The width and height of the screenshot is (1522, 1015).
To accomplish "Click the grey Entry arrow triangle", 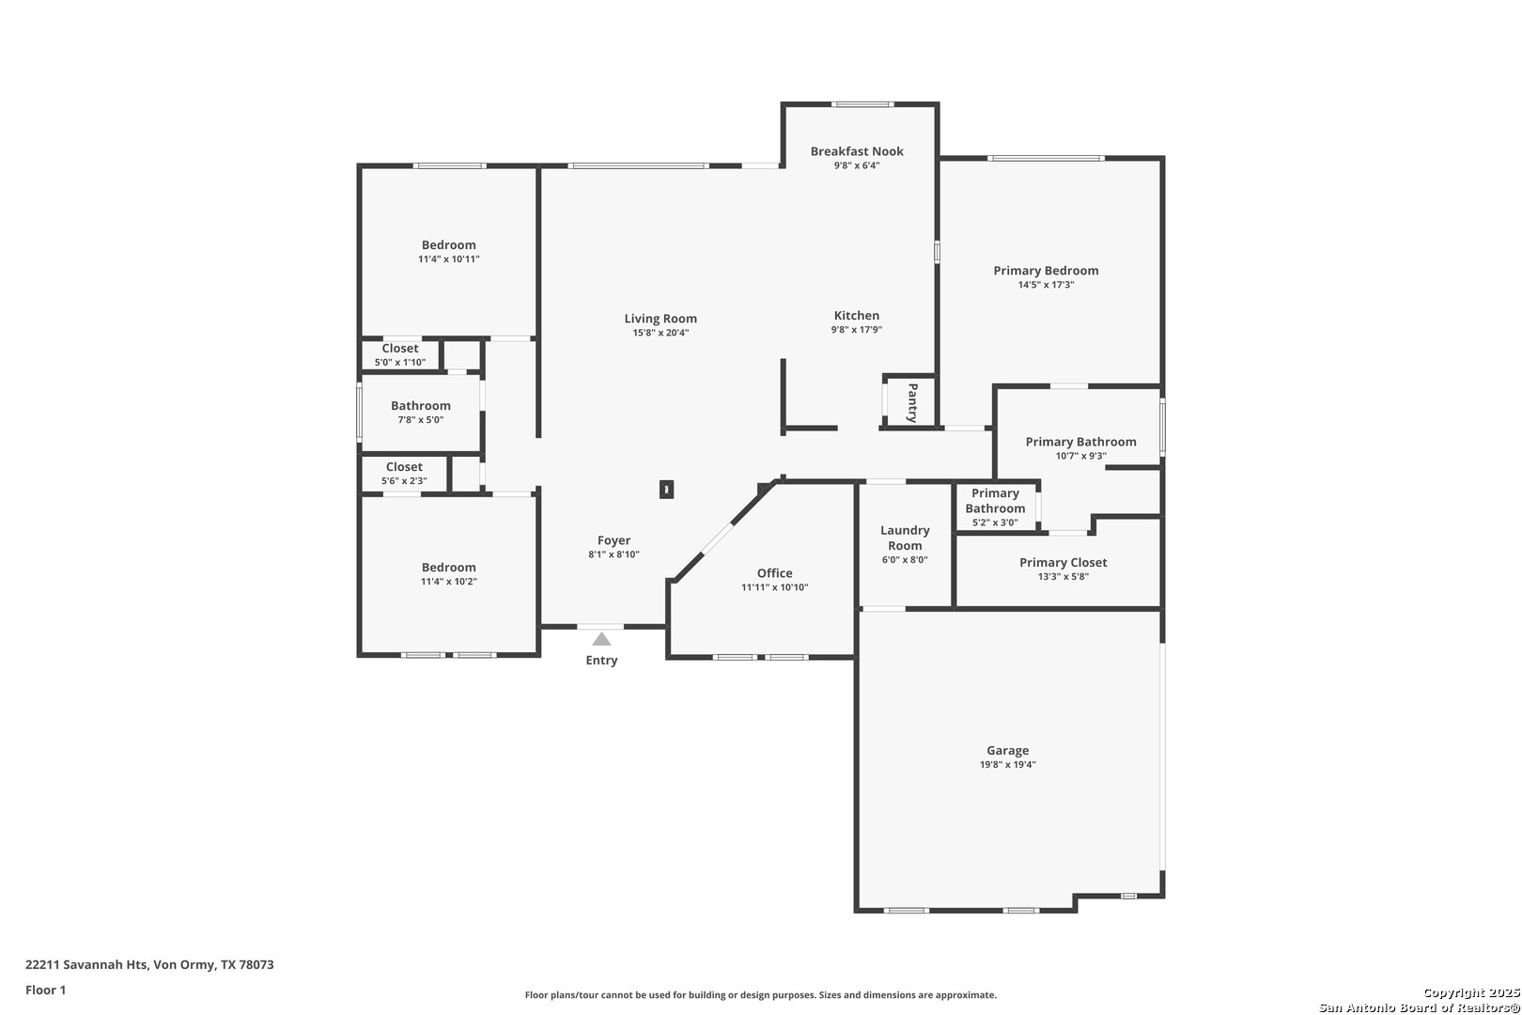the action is coord(601,639).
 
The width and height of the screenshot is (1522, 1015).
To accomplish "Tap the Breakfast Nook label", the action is coord(857,151).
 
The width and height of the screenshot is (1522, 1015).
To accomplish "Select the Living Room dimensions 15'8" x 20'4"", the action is coord(660,333).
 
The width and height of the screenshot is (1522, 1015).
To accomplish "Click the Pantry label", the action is coord(912,402).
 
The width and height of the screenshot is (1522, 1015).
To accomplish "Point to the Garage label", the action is coord(1008,750).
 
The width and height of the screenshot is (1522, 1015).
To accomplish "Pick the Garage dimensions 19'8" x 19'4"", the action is coord(1008,764).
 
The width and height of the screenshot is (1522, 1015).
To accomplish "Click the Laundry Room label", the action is coord(905,538).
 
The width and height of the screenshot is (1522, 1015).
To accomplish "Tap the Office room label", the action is coord(774,573).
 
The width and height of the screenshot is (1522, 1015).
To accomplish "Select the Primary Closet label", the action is coord(1064,562).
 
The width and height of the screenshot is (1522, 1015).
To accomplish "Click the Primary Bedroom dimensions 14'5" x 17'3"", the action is coord(1046,285).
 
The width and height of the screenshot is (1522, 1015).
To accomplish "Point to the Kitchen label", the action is coord(857,316).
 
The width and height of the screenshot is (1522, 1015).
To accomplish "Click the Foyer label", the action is coord(613,540).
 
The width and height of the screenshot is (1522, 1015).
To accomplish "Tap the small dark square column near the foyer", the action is coord(666,489).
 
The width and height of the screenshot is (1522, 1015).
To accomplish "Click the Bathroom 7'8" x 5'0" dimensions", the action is coord(421,420).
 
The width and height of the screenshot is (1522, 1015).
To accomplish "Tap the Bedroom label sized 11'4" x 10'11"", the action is coord(448,244).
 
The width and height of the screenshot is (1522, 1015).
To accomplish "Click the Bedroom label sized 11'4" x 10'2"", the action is coord(448,567).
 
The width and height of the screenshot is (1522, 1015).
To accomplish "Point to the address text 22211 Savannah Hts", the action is coord(86,964).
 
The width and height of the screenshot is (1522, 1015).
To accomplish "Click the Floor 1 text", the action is coord(45,990).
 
